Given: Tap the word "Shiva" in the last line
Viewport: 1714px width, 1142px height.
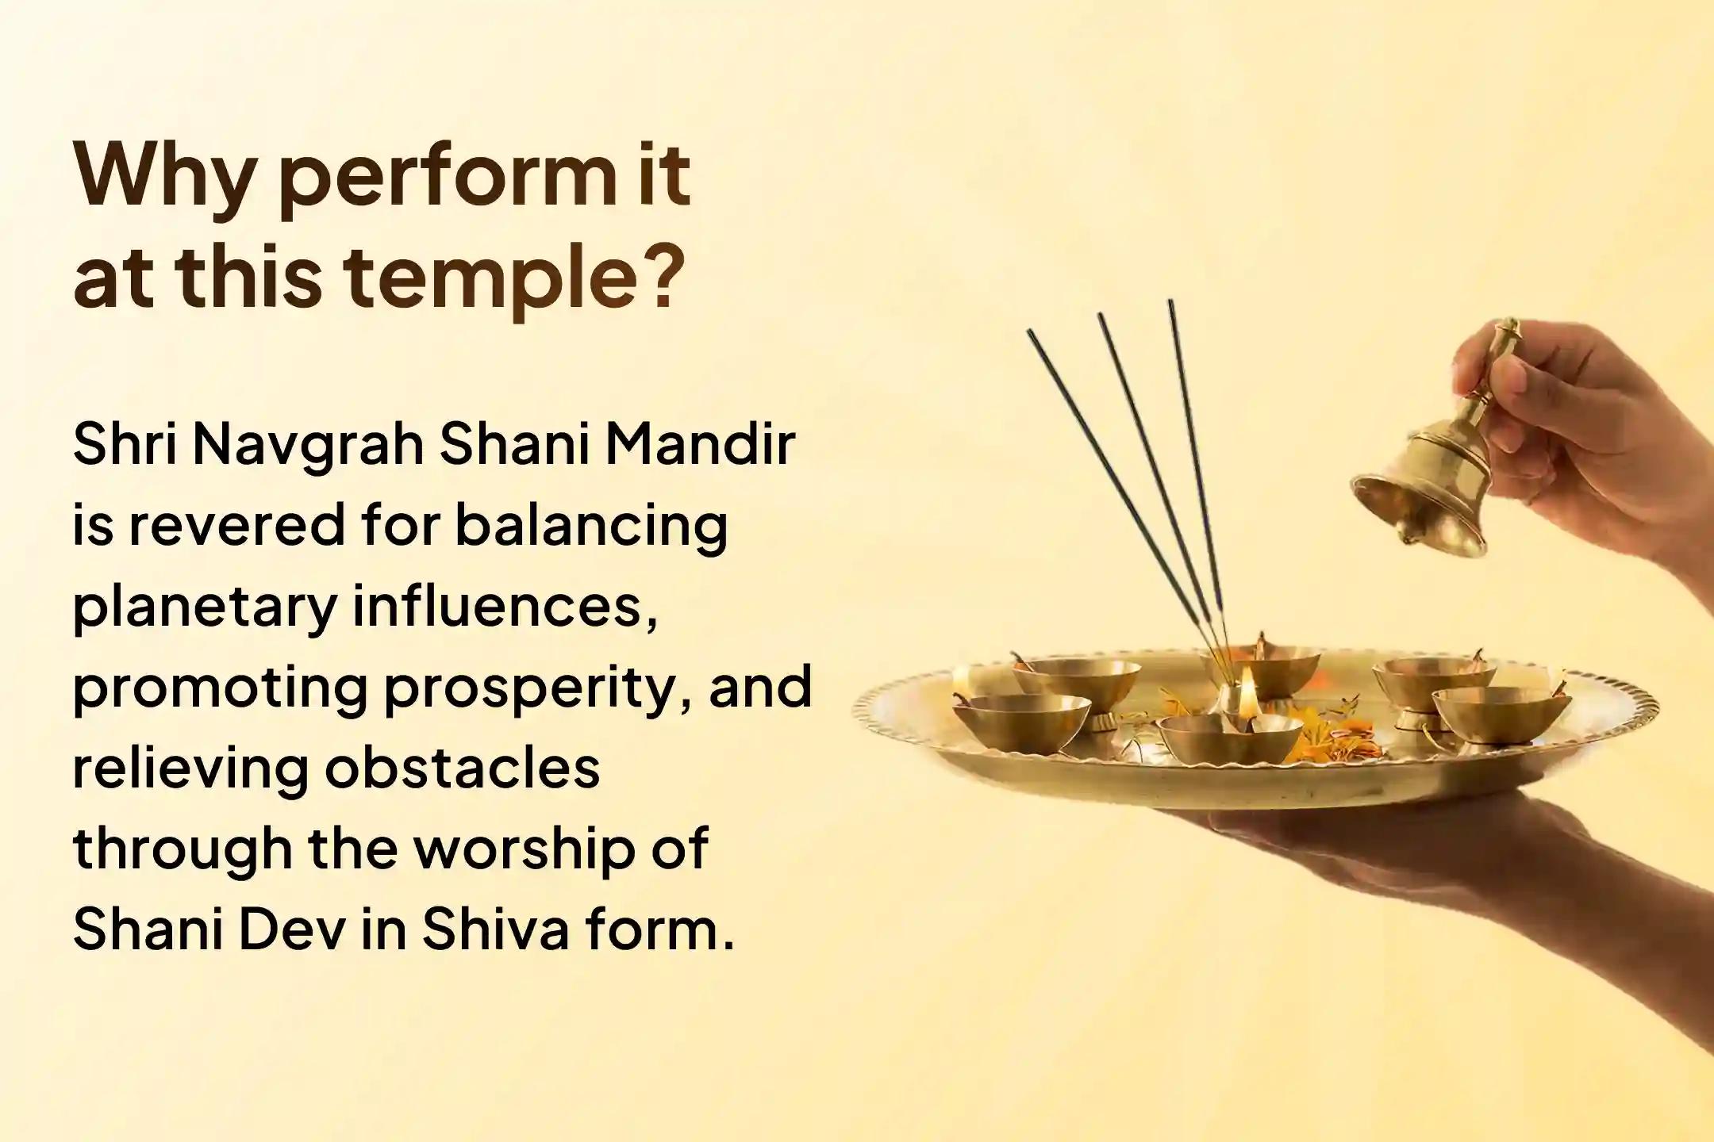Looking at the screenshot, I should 495,928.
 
